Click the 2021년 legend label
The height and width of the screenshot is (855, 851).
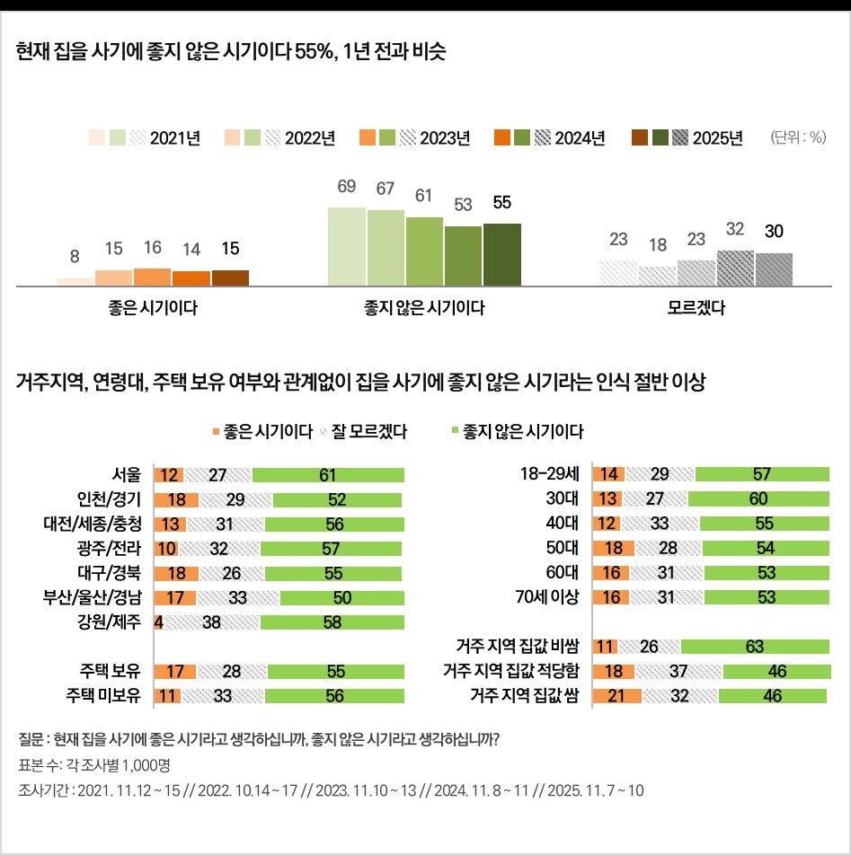(x=174, y=138)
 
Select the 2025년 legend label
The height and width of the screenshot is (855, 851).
(x=717, y=138)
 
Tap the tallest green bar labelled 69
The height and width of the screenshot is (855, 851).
(x=346, y=246)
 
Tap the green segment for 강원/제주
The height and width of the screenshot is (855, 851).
(x=331, y=621)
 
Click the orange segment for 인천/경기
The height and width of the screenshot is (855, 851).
(x=176, y=499)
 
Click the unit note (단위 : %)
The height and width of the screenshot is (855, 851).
(x=798, y=137)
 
